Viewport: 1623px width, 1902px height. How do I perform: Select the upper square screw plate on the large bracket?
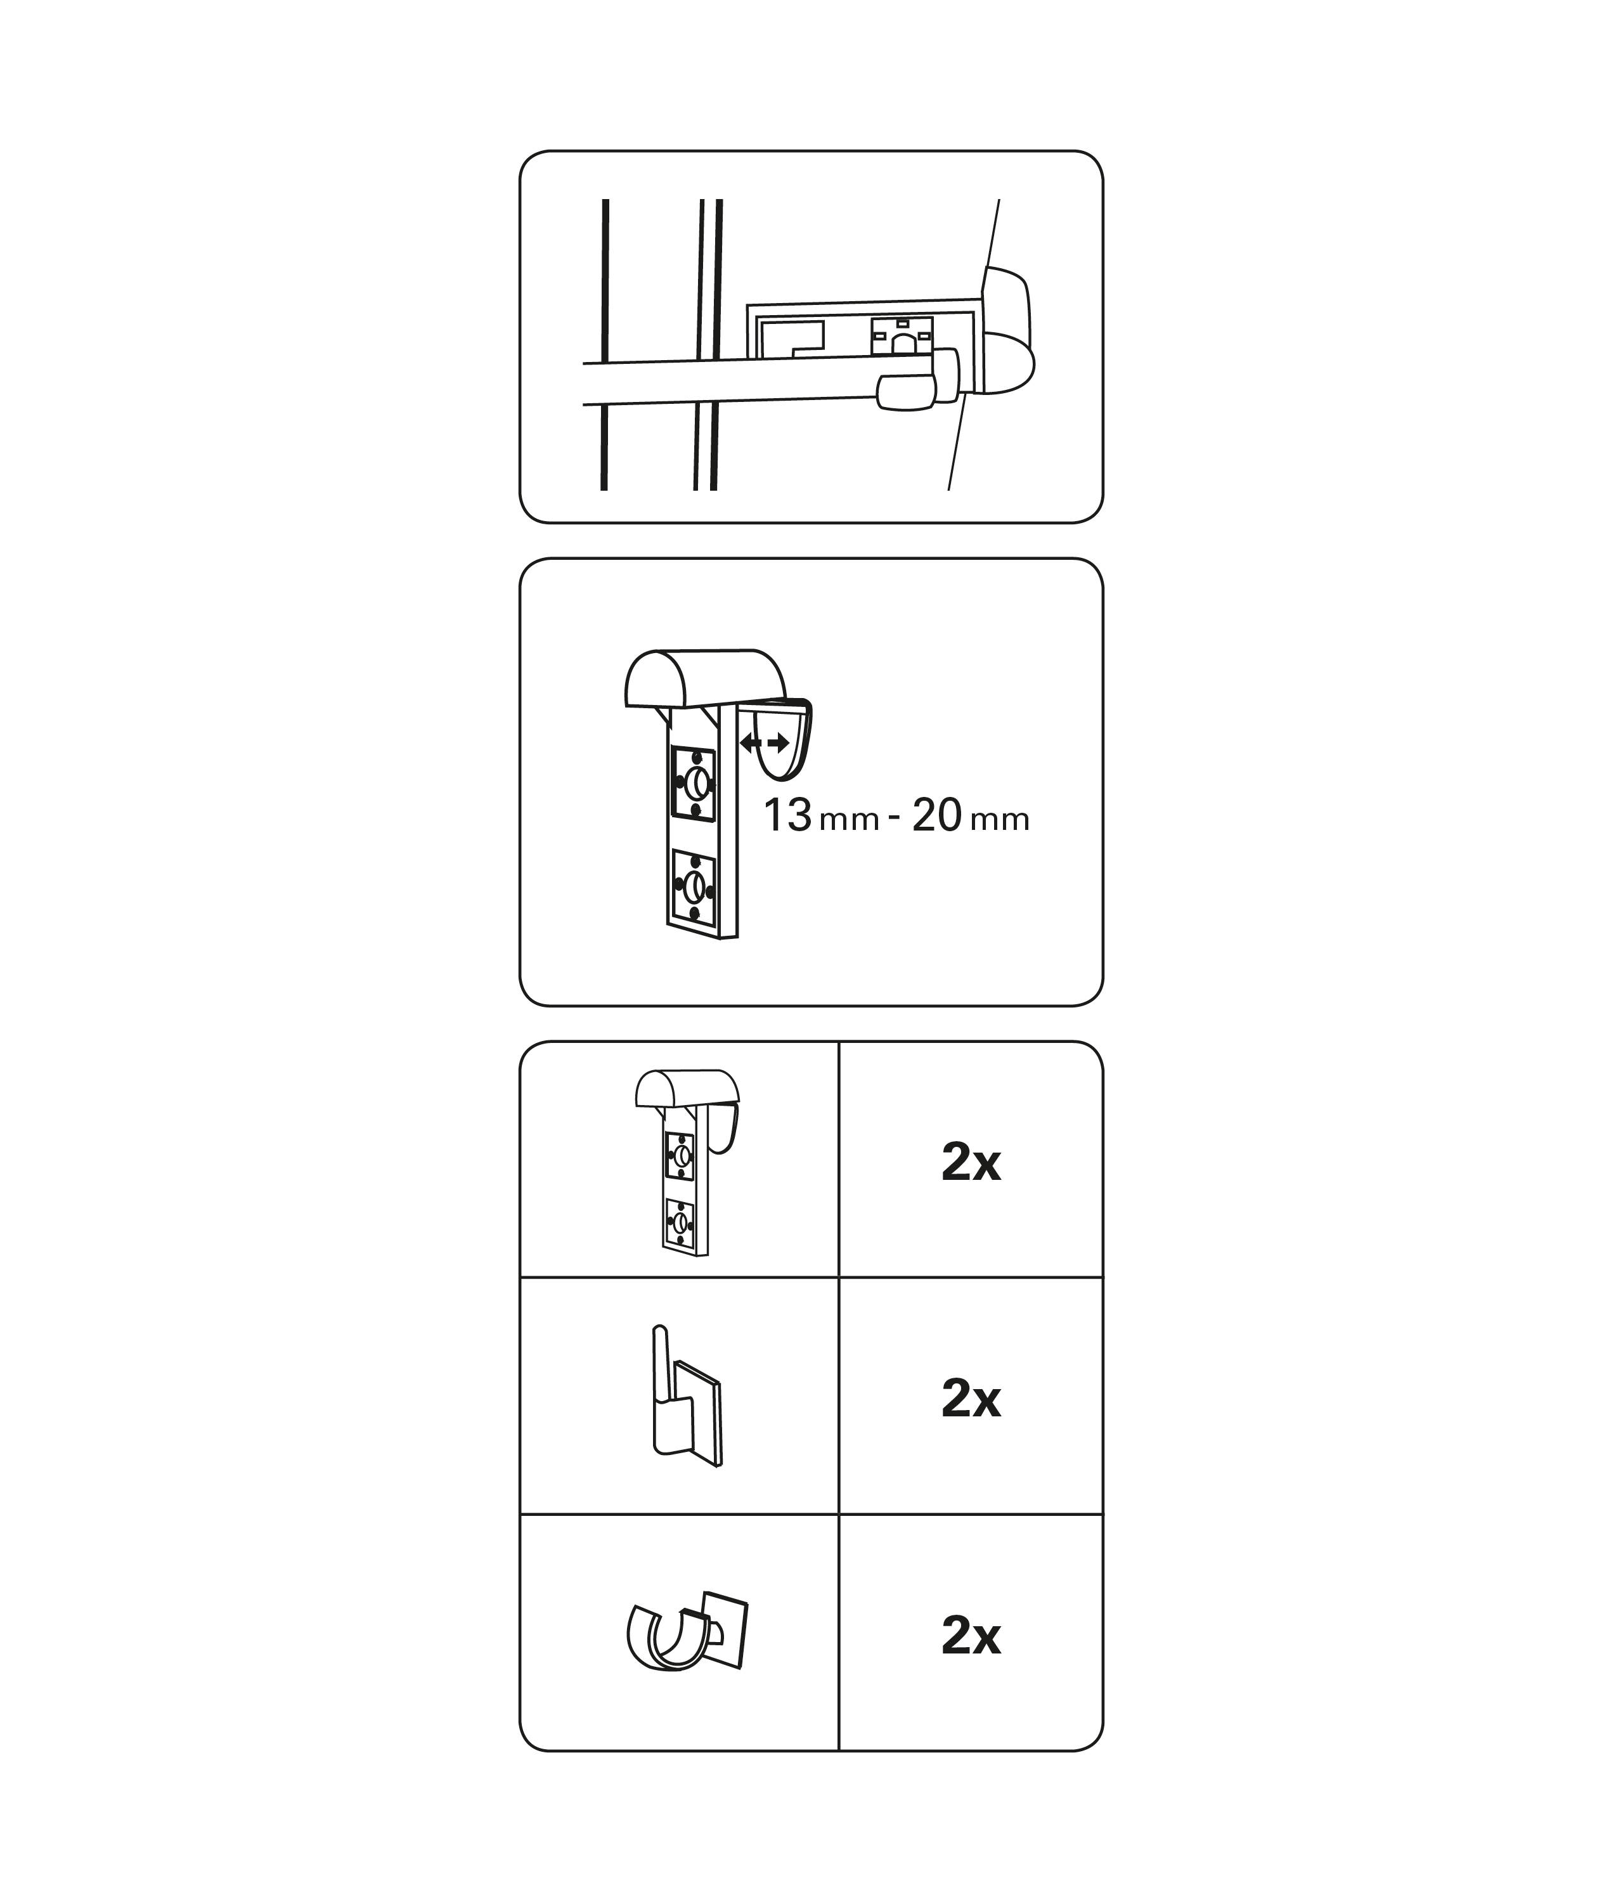(x=694, y=783)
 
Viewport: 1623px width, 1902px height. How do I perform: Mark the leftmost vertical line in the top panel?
(x=605, y=344)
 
